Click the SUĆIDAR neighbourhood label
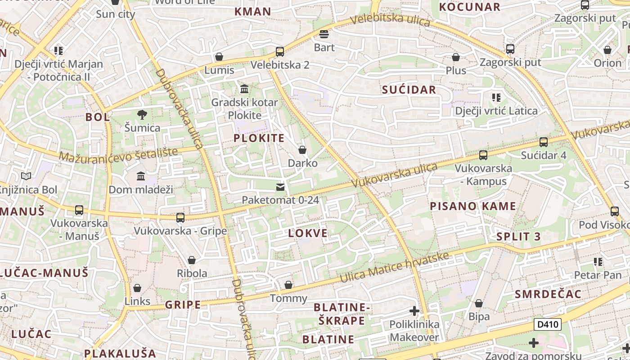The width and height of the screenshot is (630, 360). (409, 90)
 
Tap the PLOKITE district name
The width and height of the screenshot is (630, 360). (259, 138)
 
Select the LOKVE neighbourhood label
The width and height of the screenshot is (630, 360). (308, 233)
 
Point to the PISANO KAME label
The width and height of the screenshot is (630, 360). (473, 206)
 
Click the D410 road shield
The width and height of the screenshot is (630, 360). (548, 324)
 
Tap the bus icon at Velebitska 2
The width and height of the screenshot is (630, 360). (280, 52)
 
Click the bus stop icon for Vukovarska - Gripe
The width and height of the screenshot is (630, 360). (180, 218)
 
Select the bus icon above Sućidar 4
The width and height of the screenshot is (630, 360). (544, 142)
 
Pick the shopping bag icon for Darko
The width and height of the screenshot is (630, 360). (302, 150)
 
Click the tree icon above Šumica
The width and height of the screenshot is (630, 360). (142, 115)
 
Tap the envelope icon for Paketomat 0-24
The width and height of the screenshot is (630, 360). (280, 187)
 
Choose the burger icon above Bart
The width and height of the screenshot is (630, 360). (324, 34)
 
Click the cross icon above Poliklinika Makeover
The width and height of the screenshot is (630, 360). (414, 311)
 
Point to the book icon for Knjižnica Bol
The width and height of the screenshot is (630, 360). (27, 176)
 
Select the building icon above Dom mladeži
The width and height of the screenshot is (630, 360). (141, 176)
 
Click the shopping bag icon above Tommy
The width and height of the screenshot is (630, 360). (288, 285)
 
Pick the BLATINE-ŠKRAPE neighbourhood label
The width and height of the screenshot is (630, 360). (342, 314)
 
